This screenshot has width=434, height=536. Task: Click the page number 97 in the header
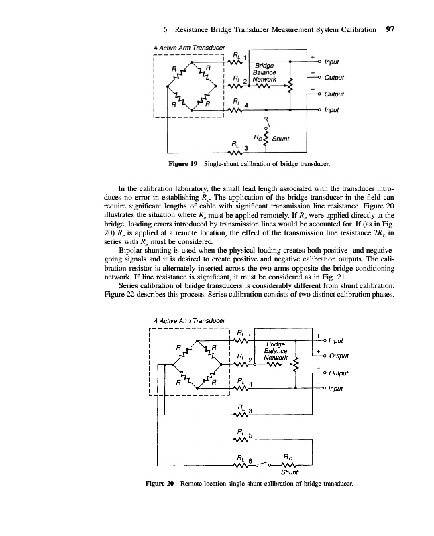tap(390, 30)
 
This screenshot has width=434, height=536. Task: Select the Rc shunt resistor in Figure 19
tap(266, 139)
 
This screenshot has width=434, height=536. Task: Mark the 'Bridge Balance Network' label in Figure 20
tap(275, 351)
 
